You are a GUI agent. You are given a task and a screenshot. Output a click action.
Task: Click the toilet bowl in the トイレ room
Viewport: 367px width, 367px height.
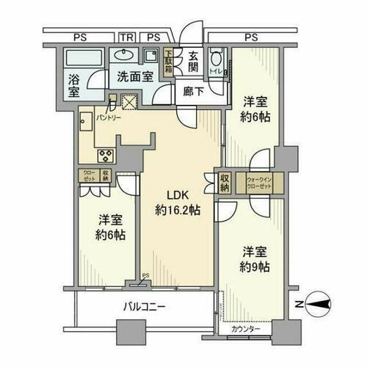coord(215,62)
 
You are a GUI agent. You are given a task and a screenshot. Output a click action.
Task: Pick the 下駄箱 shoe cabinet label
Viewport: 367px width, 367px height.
coord(168,58)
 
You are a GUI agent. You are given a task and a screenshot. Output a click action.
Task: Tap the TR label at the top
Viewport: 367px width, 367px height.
coord(127,37)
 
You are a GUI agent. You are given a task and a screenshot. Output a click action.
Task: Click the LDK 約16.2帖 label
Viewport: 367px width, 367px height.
coord(178,203)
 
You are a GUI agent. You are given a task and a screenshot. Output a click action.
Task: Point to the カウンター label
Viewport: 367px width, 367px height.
coord(246,329)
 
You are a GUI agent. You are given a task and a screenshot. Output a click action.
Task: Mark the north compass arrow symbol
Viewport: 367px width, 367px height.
coord(316,301)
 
